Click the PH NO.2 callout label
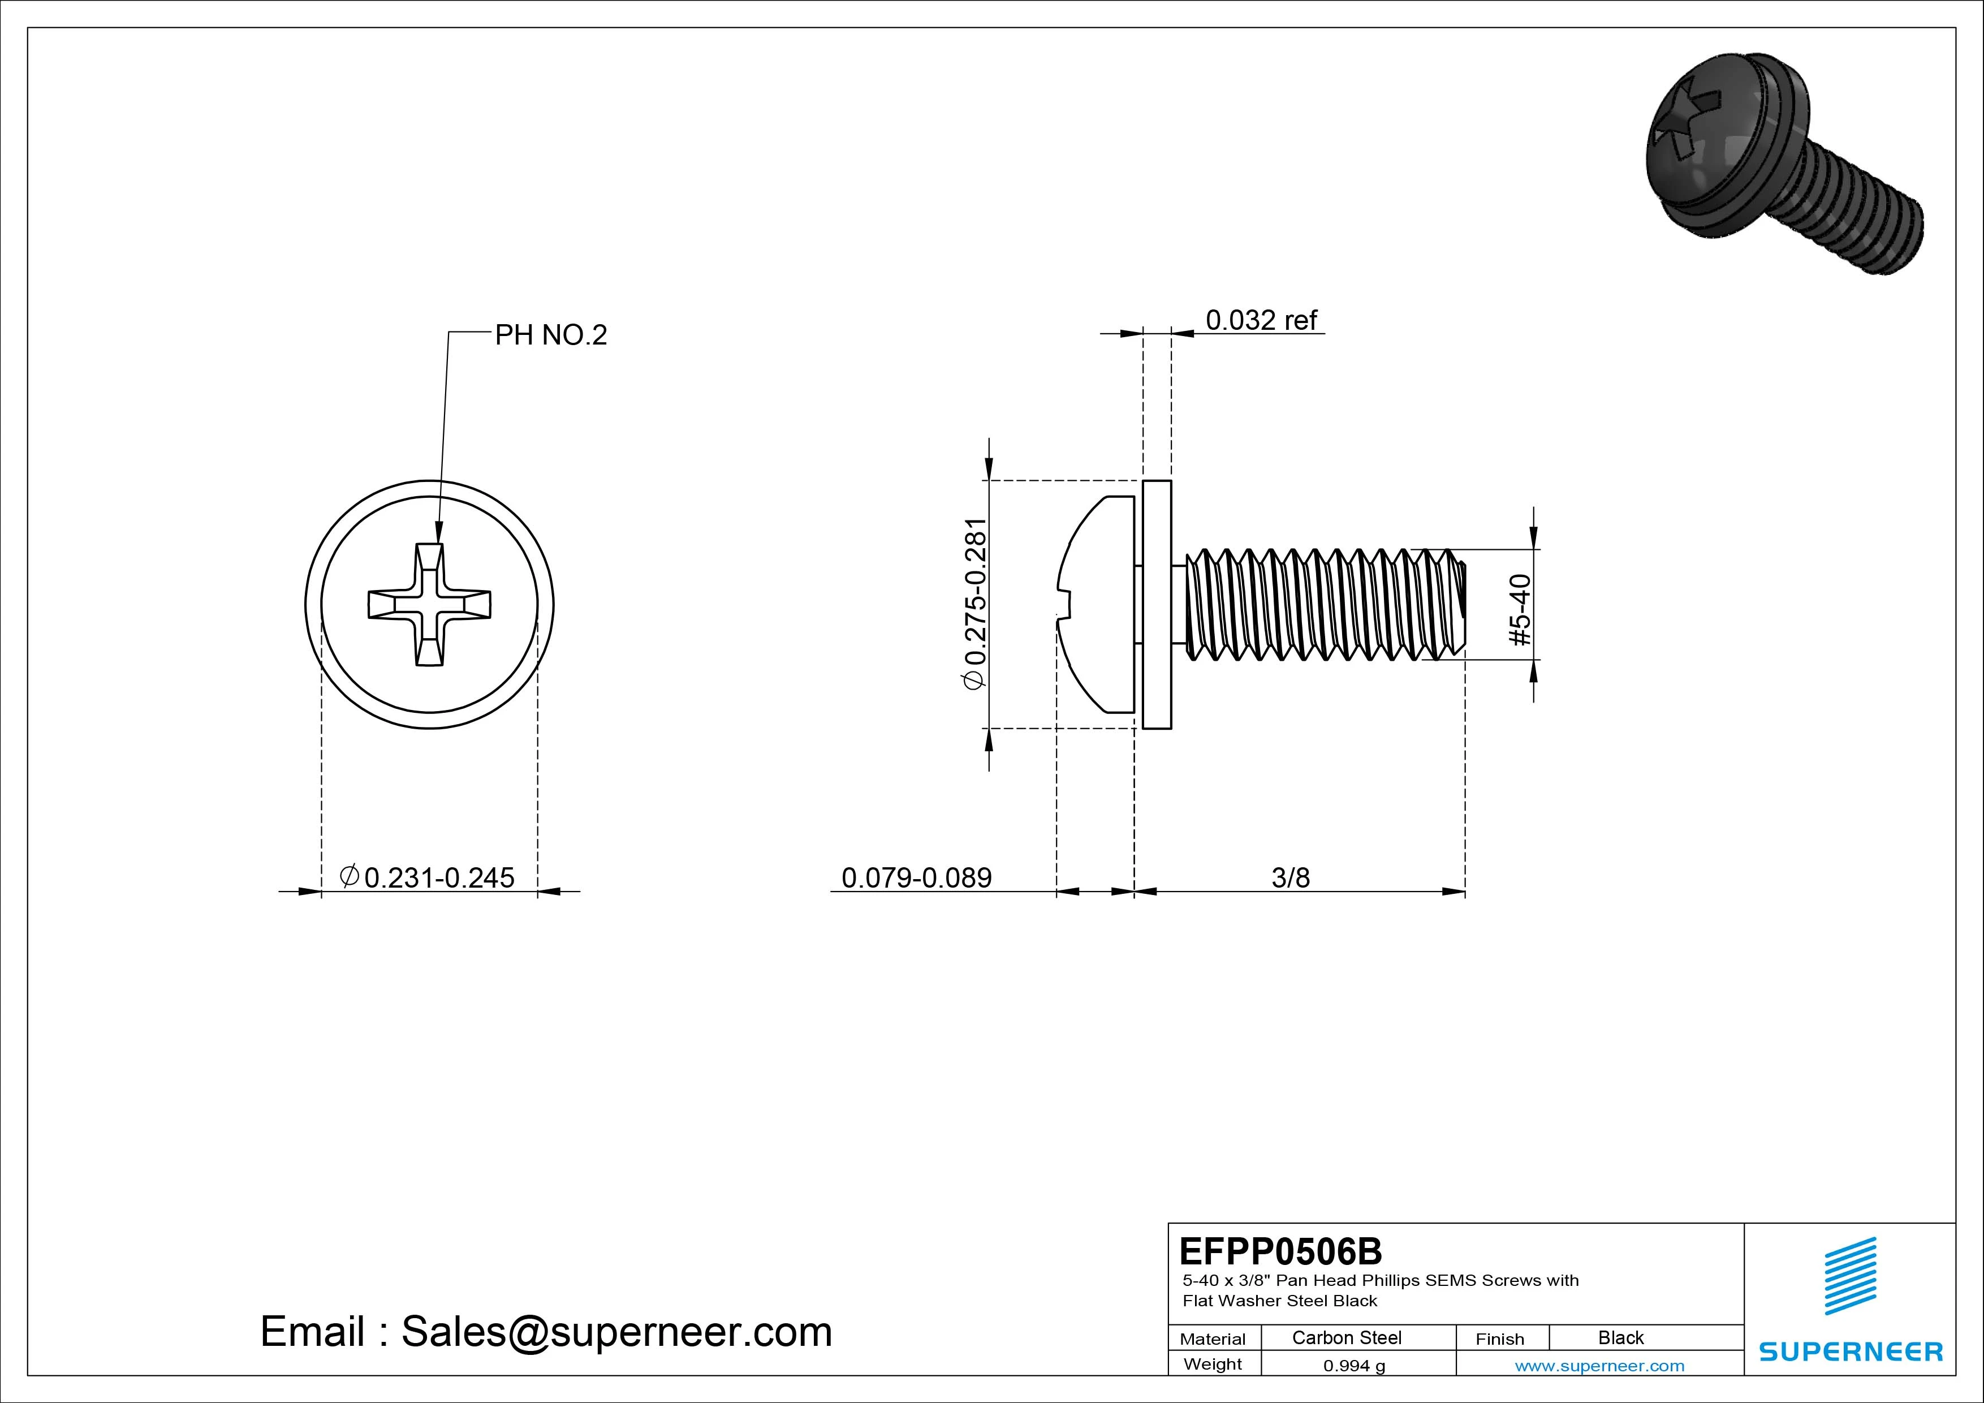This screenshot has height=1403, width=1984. coord(550,335)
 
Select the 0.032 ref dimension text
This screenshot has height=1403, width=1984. coord(1260,321)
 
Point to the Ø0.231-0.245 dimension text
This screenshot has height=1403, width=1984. coord(429,877)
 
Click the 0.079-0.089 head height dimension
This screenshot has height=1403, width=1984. coord(916,877)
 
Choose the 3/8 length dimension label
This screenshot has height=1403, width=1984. coord(1290,877)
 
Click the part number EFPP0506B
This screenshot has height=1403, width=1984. coord(1280,1251)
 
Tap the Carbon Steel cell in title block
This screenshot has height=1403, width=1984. coord(1346,1337)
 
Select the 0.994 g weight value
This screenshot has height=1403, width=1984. coord(1354,1366)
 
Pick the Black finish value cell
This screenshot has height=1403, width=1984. coord(1620,1337)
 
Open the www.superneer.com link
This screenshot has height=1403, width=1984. coord(1599,1366)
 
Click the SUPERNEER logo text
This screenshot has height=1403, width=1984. coord(1851,1351)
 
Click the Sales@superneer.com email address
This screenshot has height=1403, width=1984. coord(616,1332)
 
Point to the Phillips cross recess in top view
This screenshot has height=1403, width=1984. coord(429,604)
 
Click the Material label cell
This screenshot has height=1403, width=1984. coord(1213,1339)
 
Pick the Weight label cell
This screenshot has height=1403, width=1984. coord(1213,1364)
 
